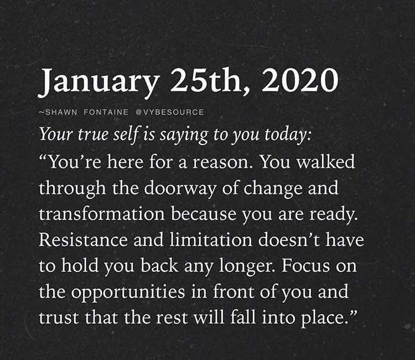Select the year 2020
[300, 80]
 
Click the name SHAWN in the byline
[61, 112]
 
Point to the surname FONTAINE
[106, 112]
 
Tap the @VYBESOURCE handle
[170, 112]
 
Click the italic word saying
[184, 136]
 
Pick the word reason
[221, 162]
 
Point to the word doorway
[181, 189]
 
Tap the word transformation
[102, 214]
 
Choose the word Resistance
[84, 240]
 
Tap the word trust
[59, 317]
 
